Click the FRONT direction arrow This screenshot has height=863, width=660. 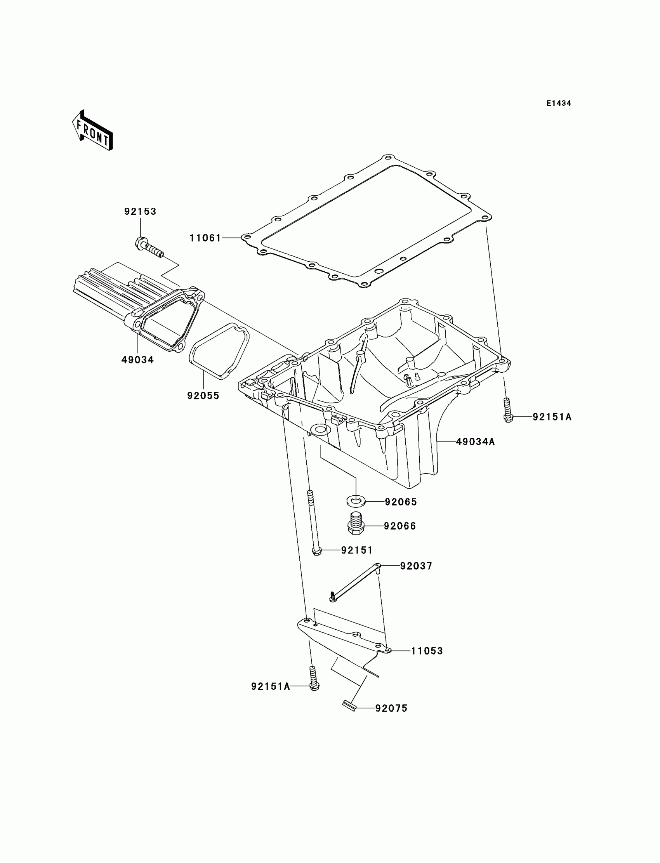93,131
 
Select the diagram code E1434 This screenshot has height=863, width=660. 559,103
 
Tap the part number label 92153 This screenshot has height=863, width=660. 140,212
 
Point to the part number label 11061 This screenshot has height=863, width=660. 205,238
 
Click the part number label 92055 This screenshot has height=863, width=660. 203,396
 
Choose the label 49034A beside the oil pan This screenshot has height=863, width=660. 475,442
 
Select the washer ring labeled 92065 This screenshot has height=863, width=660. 356,501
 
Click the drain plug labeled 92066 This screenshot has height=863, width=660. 356,524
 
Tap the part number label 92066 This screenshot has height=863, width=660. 400,526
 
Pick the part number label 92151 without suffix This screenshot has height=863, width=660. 357,550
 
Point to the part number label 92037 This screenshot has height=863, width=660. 416,566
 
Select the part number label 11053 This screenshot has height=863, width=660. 427,651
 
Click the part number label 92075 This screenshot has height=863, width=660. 391,708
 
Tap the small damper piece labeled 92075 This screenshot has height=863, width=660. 349,706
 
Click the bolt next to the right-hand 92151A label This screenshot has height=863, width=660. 507,411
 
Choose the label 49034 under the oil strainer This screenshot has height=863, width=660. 137,360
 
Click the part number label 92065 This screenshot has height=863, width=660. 401,502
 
